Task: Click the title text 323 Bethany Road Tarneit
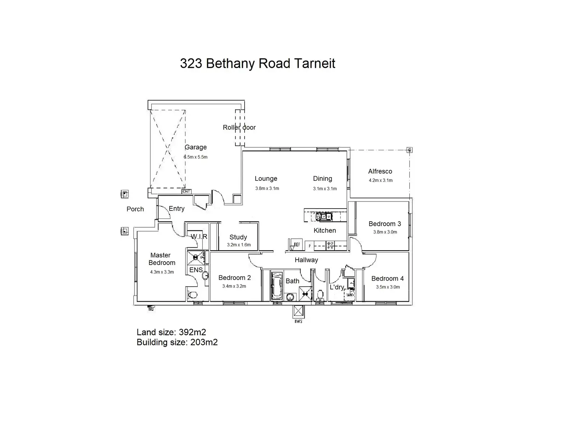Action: click(x=257, y=64)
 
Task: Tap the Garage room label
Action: click(x=196, y=147)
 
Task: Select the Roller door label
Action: click(x=239, y=127)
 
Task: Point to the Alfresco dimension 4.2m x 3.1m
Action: click(x=380, y=180)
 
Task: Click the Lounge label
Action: click(x=266, y=178)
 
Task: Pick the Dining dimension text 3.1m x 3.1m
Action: click(x=325, y=188)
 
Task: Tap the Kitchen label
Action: click(x=325, y=230)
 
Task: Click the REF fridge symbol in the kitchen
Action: click(x=296, y=245)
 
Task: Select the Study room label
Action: click(x=238, y=237)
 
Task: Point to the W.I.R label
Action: click(x=199, y=236)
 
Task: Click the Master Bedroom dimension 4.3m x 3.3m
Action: click(x=162, y=272)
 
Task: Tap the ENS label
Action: click(x=196, y=270)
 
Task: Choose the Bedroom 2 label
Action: click(x=234, y=278)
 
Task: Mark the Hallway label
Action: click(x=306, y=260)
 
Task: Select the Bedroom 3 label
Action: click(x=385, y=224)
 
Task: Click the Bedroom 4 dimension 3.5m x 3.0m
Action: click(x=388, y=287)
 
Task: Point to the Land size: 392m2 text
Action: click(x=171, y=333)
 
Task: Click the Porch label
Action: click(x=135, y=209)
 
